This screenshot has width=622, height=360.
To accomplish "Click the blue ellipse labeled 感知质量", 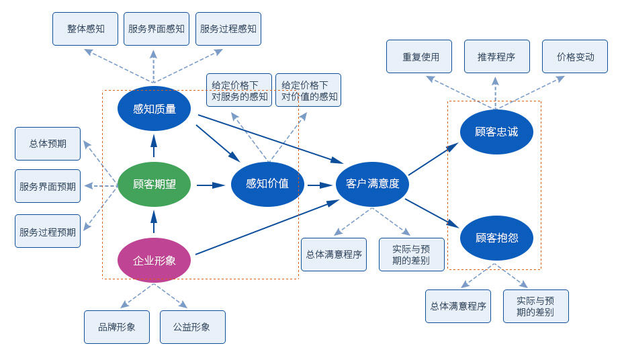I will [x=154, y=109].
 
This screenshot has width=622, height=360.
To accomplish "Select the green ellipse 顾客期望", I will [x=154, y=184].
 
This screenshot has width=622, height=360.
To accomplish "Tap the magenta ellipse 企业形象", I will [x=154, y=260].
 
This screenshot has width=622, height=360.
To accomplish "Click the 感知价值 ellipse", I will [x=267, y=184].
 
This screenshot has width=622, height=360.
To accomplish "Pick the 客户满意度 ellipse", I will [x=372, y=184].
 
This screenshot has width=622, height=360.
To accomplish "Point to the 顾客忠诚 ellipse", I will [x=496, y=132].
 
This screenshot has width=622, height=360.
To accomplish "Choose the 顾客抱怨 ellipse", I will [x=496, y=238].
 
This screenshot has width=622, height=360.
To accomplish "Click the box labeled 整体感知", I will [x=85, y=29].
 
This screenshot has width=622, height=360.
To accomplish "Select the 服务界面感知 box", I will [x=157, y=29].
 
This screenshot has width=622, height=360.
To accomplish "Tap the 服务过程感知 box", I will [x=228, y=29].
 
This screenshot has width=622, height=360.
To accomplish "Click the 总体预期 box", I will [x=48, y=144].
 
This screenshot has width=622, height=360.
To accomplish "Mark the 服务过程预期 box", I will [x=48, y=231].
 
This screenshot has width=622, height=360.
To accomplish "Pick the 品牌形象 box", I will [x=117, y=327].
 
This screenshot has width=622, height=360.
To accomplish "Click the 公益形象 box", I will [x=192, y=327].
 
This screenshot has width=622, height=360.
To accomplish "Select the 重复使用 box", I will [x=419, y=56].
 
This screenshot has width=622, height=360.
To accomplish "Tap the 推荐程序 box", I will [x=497, y=56].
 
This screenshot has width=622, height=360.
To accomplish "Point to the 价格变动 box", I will [x=575, y=56].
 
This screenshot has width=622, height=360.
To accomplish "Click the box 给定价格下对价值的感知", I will [x=308, y=90].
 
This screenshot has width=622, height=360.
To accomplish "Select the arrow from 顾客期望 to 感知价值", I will [x=210, y=185].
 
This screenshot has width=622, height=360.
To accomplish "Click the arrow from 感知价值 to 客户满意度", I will [x=320, y=185].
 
